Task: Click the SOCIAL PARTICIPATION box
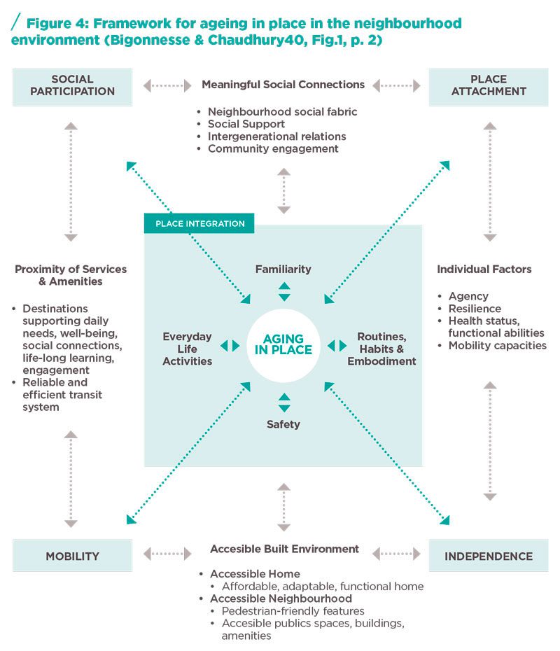point(72,86)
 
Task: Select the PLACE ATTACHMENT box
point(488,86)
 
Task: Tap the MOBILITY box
point(72,556)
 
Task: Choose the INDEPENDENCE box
point(488,556)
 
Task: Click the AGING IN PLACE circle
point(283,345)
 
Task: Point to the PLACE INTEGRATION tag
point(199,224)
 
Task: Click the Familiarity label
point(283,269)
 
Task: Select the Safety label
point(283,423)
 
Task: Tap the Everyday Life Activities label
point(187,349)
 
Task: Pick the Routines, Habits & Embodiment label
point(381,349)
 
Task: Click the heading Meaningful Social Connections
point(283,85)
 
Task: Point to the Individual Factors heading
point(484,269)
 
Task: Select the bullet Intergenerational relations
point(276,136)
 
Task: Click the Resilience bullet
point(475,309)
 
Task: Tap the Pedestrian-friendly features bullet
point(293,611)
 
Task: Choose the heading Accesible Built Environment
point(284,549)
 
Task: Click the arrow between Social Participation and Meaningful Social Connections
point(167,86)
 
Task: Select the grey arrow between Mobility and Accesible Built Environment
point(167,554)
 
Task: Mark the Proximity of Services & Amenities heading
point(71,275)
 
